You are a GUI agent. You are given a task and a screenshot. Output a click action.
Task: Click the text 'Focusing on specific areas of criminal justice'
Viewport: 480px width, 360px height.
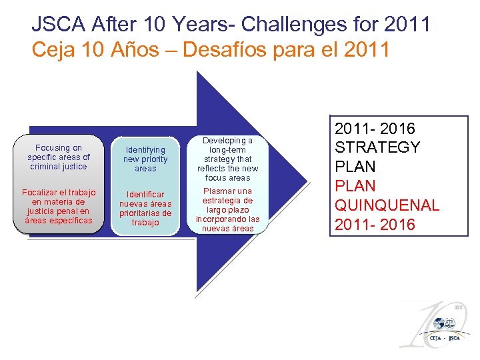(59, 157)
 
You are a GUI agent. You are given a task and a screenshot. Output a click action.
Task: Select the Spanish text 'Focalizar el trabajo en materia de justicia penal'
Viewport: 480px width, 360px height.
(59, 206)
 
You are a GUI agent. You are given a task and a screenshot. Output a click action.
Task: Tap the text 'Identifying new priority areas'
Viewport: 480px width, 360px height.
(145, 159)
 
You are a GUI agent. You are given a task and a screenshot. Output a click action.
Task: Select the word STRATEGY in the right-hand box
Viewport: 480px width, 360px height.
(377, 147)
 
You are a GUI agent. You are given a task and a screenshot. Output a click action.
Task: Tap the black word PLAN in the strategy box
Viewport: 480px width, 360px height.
(355, 167)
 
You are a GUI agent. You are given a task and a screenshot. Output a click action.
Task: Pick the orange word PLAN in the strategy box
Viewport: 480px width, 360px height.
(355, 186)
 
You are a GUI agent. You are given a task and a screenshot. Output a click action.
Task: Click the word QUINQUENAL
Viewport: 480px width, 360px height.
(387, 205)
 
